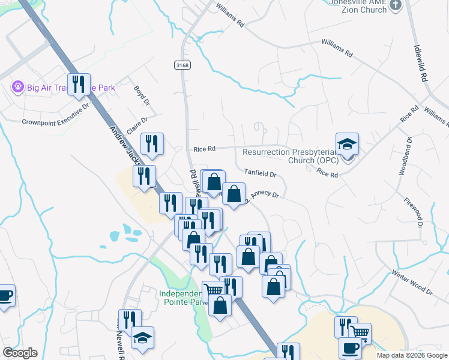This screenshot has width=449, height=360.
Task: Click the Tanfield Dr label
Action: (260, 174)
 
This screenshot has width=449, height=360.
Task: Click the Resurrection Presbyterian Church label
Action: (290, 156)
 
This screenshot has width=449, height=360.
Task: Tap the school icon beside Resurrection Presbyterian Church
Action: (347, 145)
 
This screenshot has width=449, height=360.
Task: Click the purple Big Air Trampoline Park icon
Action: (17, 88)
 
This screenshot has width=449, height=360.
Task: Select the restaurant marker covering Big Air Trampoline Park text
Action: (79, 85)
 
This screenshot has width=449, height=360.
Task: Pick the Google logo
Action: (20, 353)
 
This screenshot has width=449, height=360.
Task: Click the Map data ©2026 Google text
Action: (411, 355)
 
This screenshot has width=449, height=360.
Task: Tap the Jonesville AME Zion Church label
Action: (357, 5)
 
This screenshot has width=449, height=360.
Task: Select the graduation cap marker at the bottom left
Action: (142, 338)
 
